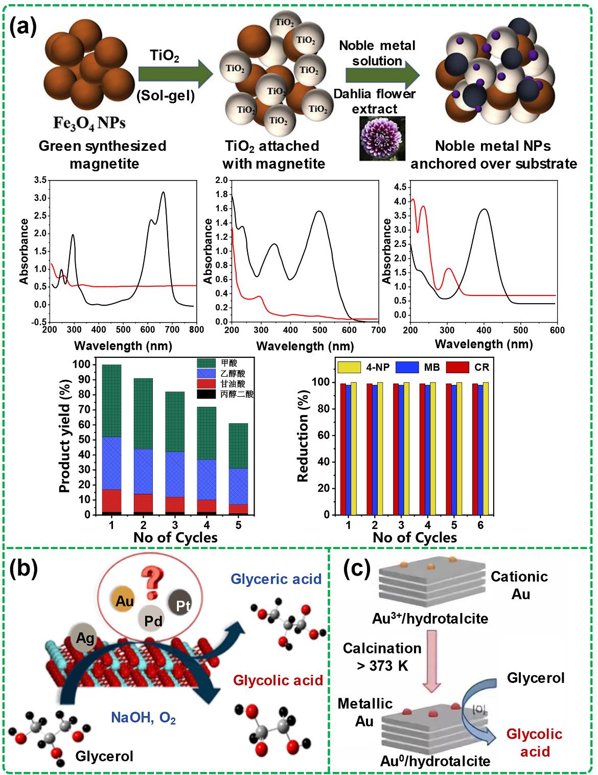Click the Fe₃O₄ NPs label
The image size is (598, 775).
90,123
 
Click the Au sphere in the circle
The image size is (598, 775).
125,601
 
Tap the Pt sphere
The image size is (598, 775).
182,606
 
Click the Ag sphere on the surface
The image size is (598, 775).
85,638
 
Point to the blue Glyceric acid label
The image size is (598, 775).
276,579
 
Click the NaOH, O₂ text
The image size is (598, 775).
144,718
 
